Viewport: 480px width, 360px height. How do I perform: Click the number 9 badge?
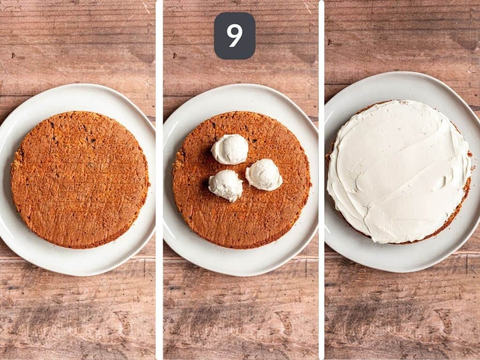[234, 36]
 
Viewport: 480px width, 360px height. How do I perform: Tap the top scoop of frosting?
[230, 149]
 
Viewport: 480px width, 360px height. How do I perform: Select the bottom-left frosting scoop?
[225, 185]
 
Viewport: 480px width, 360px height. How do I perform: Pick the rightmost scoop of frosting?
[264, 175]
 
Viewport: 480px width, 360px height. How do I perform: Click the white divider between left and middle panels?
[159, 180]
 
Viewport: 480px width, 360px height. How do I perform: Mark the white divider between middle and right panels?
[321, 180]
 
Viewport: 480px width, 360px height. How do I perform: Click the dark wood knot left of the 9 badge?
[176, 56]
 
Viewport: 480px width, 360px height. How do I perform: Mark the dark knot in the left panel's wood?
[14, 56]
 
